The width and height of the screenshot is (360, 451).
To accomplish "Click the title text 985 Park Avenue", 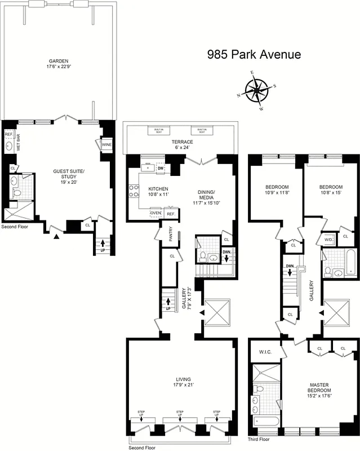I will (254, 55).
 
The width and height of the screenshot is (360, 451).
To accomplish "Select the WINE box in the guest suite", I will (106, 145).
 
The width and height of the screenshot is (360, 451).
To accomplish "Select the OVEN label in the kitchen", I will (155, 213).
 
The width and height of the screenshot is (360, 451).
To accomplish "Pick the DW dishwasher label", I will (161, 168).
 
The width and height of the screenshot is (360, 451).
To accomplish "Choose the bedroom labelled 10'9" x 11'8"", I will (277, 190).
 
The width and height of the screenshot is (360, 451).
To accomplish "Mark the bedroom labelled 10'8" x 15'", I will (330, 190).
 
